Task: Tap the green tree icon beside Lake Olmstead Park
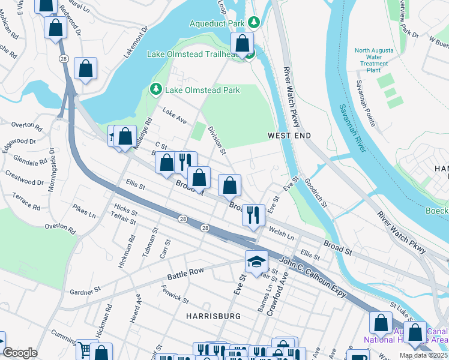156,90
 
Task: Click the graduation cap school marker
256,262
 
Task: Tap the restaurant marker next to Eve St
254,214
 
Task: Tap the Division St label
216,140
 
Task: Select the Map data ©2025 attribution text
423,355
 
